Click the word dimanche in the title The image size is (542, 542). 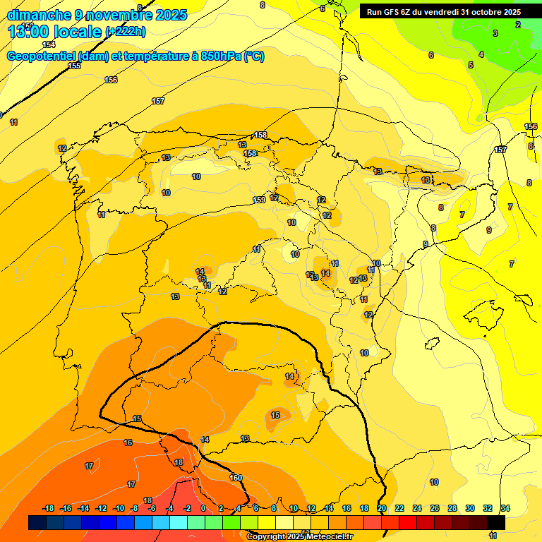tap(38, 15)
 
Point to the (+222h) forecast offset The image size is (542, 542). tap(126, 32)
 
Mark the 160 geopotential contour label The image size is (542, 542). tap(236, 478)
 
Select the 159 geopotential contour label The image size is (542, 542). tap(260, 200)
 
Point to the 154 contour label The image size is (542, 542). tap(49, 44)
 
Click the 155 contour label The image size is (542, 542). tap(74, 66)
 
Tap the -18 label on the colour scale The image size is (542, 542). tap(48, 508)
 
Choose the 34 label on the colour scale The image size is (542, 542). tap(505, 508)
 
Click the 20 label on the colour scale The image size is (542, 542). tap(382, 508)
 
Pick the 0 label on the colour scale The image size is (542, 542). tap(203, 508)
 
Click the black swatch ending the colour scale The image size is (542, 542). tap(496, 522)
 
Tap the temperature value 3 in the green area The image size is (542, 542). tap(495, 33)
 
